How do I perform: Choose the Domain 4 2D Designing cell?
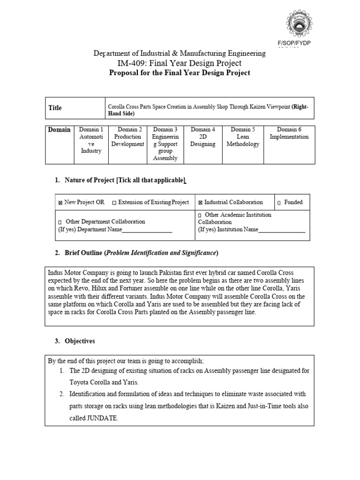(x=203, y=137)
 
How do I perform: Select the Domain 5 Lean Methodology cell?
(x=242, y=137)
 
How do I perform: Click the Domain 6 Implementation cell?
(x=289, y=133)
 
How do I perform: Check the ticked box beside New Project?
(x=60, y=203)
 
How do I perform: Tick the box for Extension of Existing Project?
(x=115, y=203)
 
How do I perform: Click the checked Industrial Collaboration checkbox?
(x=200, y=203)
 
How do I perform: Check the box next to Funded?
(x=279, y=203)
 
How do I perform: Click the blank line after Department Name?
(x=147, y=230)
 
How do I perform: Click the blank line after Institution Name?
(x=281, y=230)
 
